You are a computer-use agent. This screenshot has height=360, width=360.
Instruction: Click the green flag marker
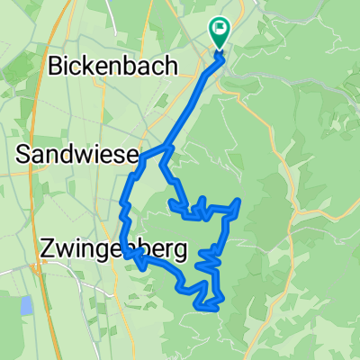tap(218, 32)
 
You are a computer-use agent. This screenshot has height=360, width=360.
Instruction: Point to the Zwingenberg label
tap(100, 248)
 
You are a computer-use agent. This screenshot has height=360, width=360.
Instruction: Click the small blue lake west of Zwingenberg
tap(26, 305)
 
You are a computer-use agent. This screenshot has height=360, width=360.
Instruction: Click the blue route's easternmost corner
tap(238, 201)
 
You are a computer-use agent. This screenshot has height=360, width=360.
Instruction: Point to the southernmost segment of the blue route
tap(207, 309)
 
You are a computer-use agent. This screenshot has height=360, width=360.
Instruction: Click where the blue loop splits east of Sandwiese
tap(166, 148)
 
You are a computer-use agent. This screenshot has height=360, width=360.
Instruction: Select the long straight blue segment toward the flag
tap(193, 99)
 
